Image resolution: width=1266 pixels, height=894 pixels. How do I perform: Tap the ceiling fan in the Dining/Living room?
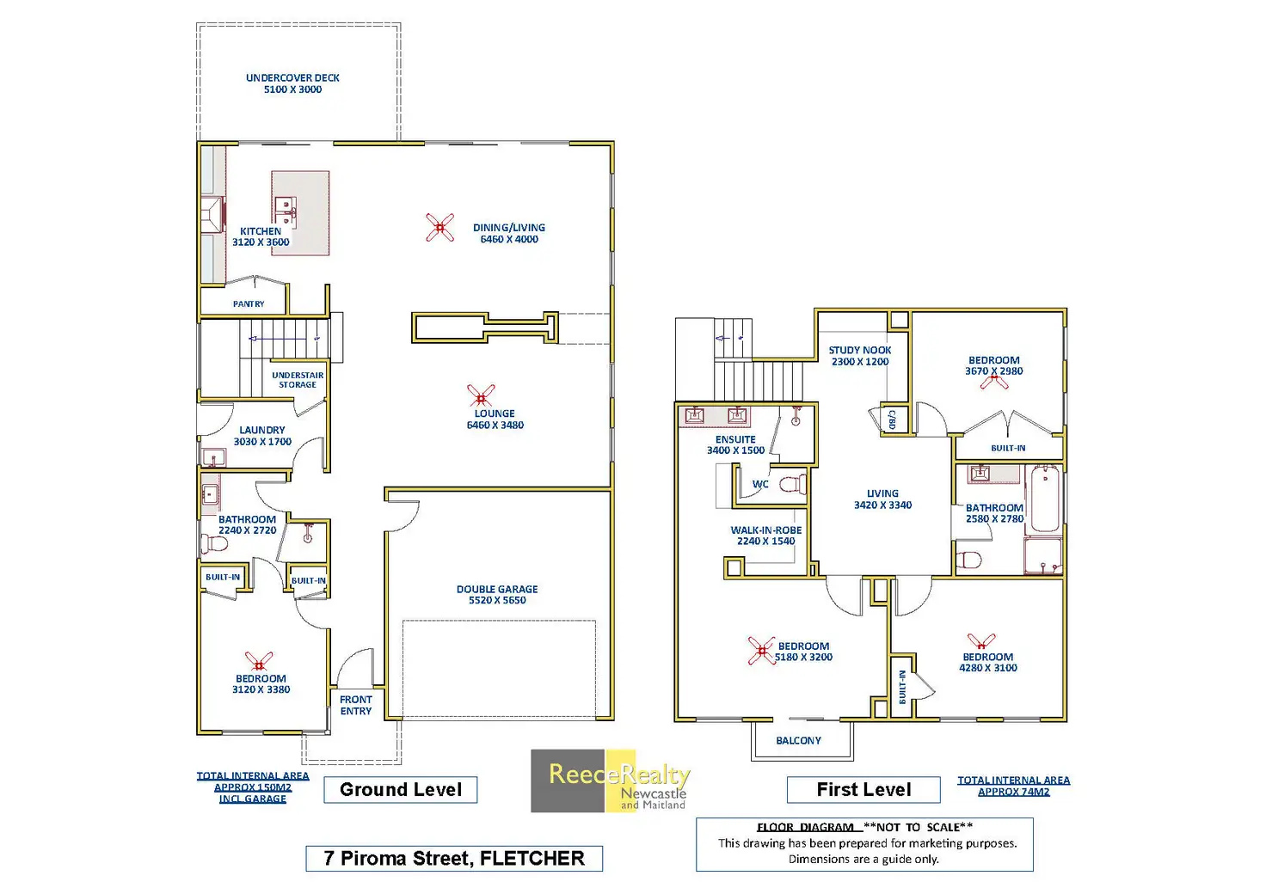pos(439,228)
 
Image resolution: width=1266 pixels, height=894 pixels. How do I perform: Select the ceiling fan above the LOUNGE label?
pos(481,395)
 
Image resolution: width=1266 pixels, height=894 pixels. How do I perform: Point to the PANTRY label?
pos(249,303)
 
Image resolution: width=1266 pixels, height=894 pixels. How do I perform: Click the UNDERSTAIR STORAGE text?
pos(298,379)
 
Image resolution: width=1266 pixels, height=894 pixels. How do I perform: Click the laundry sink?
pos(213,456)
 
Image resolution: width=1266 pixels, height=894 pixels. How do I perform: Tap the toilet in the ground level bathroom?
pos(214,544)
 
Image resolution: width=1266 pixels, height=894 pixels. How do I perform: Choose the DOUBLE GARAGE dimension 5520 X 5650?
pos(497,600)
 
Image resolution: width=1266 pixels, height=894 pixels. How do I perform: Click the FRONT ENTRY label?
pos(356,706)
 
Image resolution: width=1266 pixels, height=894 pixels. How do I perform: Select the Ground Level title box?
pos(401,789)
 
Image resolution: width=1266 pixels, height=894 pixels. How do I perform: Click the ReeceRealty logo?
pos(611,781)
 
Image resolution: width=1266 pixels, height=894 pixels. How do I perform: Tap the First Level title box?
pos(863,789)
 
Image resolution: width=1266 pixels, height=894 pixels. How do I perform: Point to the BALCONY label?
pos(799,740)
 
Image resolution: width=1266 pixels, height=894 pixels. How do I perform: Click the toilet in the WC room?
pos(792,485)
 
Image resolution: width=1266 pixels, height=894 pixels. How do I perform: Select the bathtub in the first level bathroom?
pos(1045,499)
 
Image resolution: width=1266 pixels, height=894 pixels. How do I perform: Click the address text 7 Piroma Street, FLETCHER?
pos(454,859)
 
